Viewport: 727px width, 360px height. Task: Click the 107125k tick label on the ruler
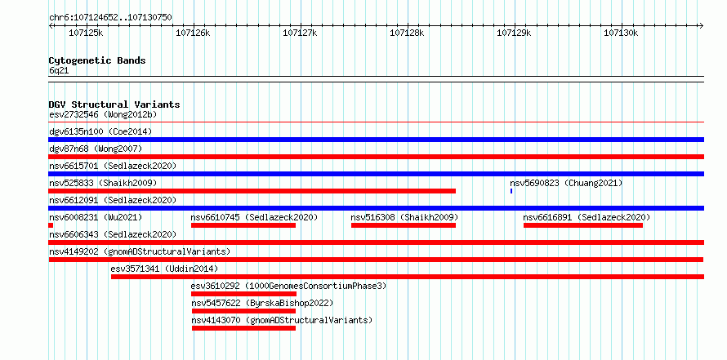click(x=86, y=33)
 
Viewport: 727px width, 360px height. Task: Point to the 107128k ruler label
click(x=407, y=33)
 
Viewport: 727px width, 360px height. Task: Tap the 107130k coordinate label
click(x=621, y=33)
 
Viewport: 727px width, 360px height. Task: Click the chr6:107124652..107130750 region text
click(x=110, y=18)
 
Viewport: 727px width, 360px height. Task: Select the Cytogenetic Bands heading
click(x=97, y=60)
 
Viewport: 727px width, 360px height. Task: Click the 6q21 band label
click(x=59, y=71)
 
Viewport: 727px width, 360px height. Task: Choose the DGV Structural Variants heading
click(x=114, y=104)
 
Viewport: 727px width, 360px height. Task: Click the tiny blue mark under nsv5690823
click(x=511, y=191)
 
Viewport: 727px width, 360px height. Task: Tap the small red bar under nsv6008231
click(x=51, y=225)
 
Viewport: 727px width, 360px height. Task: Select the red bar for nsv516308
click(x=404, y=225)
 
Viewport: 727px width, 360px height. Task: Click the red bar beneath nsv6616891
click(x=582, y=225)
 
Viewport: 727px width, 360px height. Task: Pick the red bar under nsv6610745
click(x=243, y=225)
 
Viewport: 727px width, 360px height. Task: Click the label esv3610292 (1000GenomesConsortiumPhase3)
click(x=288, y=286)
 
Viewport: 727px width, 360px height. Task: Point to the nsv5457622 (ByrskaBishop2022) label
click(x=262, y=304)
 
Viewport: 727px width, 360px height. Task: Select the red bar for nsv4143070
click(x=244, y=328)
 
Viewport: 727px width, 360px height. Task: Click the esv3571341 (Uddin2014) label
click(x=164, y=269)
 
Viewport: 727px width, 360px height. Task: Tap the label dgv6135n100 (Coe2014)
click(x=100, y=131)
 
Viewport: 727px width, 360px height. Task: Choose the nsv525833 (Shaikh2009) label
click(x=103, y=183)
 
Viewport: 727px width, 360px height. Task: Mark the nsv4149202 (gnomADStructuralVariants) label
click(x=140, y=251)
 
